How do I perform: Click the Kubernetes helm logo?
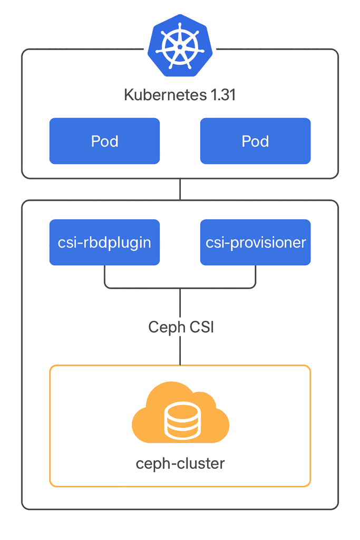click(180, 45)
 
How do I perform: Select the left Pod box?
click(104, 141)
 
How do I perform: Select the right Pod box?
click(255, 141)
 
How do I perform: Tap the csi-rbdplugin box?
click(104, 242)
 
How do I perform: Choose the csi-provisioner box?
click(255, 242)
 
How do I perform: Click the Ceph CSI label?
click(180, 327)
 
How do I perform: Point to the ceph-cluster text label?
click(180, 464)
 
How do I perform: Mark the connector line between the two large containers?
click(180, 189)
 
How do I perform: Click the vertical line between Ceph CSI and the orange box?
click(180, 351)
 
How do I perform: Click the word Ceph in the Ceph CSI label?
click(164, 327)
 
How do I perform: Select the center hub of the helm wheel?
click(180, 45)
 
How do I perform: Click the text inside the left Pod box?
click(104, 141)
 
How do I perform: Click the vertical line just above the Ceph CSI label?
click(180, 303)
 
